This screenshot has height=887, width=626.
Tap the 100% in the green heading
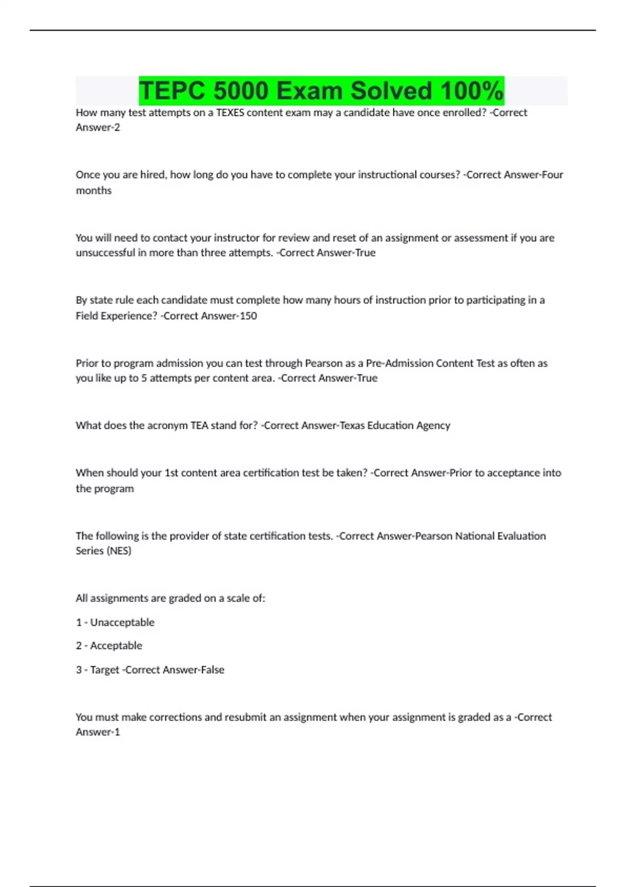pos(472,91)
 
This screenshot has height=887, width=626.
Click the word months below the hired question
pos(94,190)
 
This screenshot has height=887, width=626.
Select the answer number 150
pos(248,316)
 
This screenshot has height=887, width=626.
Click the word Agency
pos(433,425)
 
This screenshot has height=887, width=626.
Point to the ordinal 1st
pos(172,473)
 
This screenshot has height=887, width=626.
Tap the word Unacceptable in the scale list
pos(122,622)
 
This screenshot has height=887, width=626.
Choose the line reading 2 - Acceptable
pos(109,645)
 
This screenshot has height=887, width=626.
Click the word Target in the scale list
pos(105,669)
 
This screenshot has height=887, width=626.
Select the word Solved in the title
pos(391,91)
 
